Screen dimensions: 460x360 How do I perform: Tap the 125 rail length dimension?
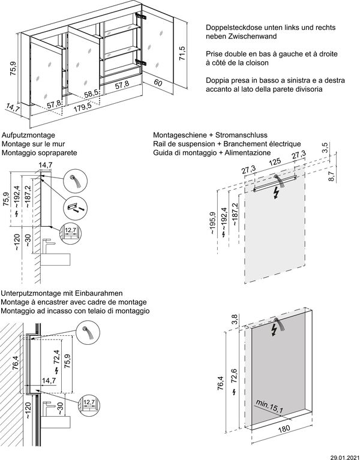[275, 163]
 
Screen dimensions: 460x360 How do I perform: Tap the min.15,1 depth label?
[268, 409]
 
